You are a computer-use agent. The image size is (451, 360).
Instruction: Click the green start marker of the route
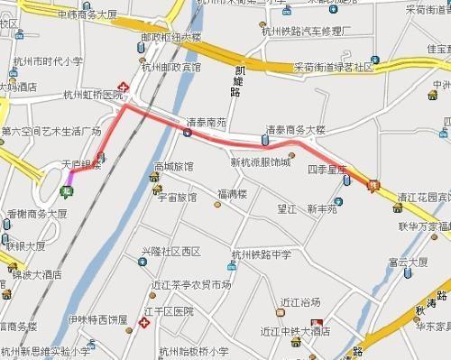click(65, 190)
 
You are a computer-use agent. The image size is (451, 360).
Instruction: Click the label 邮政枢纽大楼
click(172, 39)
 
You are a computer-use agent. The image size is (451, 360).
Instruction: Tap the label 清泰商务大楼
click(294, 129)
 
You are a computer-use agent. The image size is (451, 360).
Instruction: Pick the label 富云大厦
click(405, 263)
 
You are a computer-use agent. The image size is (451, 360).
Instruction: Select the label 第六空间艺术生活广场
click(51, 131)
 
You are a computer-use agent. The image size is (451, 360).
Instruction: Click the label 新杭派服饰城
click(261, 162)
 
